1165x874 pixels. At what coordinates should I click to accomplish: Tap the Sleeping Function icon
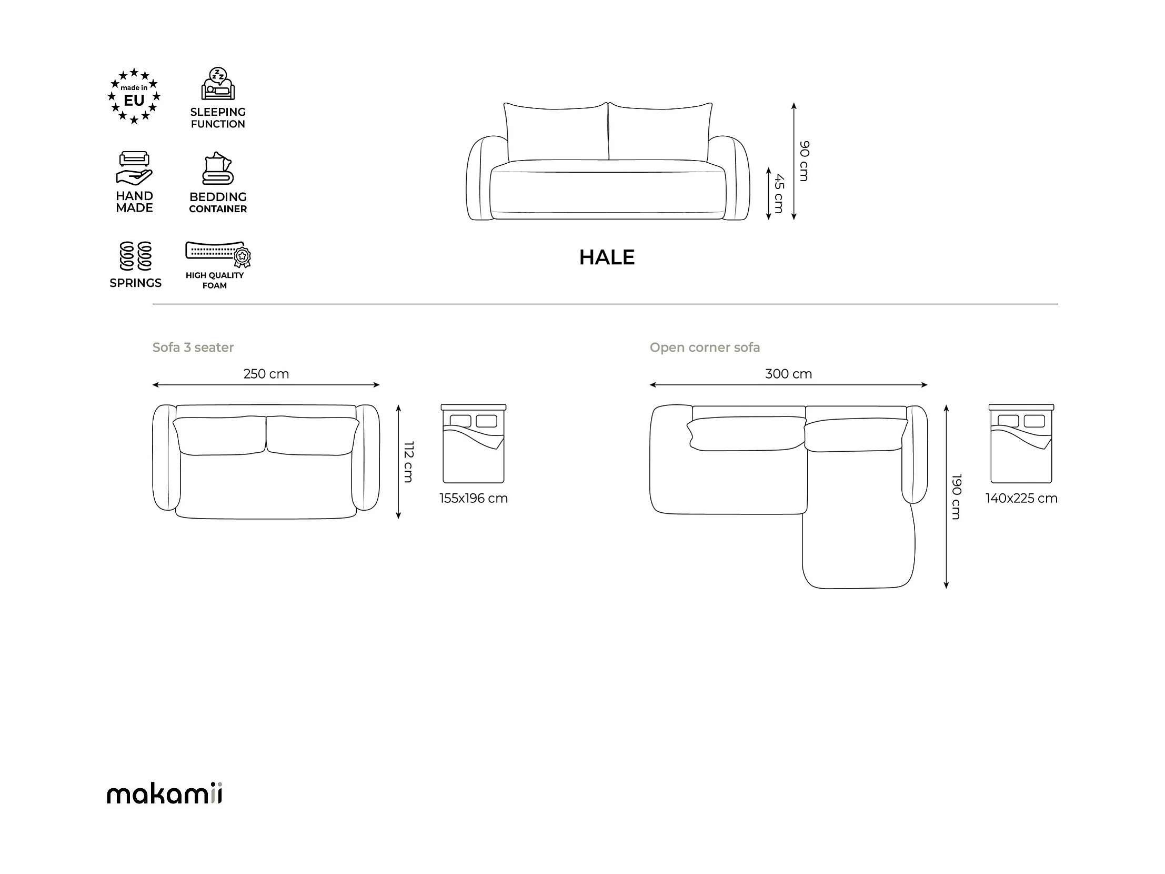point(217,84)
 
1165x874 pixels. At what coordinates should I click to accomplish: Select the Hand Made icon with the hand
point(134,168)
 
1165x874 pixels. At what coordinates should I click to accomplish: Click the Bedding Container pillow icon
point(217,168)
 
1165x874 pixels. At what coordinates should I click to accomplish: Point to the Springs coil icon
point(135,256)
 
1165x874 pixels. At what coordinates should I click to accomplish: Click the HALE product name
point(607,257)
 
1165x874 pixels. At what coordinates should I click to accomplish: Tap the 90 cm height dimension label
point(804,161)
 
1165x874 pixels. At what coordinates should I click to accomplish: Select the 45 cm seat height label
point(779,193)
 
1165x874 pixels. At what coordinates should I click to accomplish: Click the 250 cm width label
point(266,374)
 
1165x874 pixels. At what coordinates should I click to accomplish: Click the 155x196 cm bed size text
point(474,499)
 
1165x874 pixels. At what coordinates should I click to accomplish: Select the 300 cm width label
point(788,374)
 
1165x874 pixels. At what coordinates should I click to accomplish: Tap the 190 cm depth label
point(957,496)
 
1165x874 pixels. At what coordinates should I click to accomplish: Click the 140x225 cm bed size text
point(1021,499)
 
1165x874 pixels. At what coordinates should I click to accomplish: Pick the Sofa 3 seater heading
point(193,347)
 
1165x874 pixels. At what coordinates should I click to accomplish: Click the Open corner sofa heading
point(705,347)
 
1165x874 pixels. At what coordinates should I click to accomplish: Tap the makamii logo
point(164,794)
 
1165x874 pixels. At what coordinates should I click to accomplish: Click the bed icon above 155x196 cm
point(474,444)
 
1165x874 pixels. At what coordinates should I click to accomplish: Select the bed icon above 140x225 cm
point(1021,444)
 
